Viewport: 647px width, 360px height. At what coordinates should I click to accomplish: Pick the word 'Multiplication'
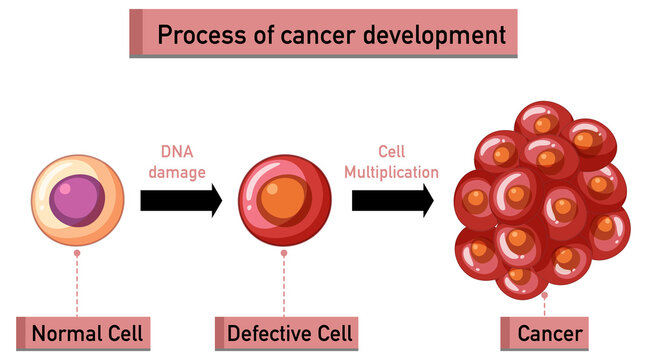[x=392, y=172]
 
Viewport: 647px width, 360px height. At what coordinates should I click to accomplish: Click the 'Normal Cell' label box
[x=86, y=332]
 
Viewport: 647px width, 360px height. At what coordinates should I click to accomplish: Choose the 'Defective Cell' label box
[x=285, y=332]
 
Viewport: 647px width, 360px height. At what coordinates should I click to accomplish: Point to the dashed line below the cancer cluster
[x=545, y=306]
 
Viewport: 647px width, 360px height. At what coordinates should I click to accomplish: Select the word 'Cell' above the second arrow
[x=392, y=152]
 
